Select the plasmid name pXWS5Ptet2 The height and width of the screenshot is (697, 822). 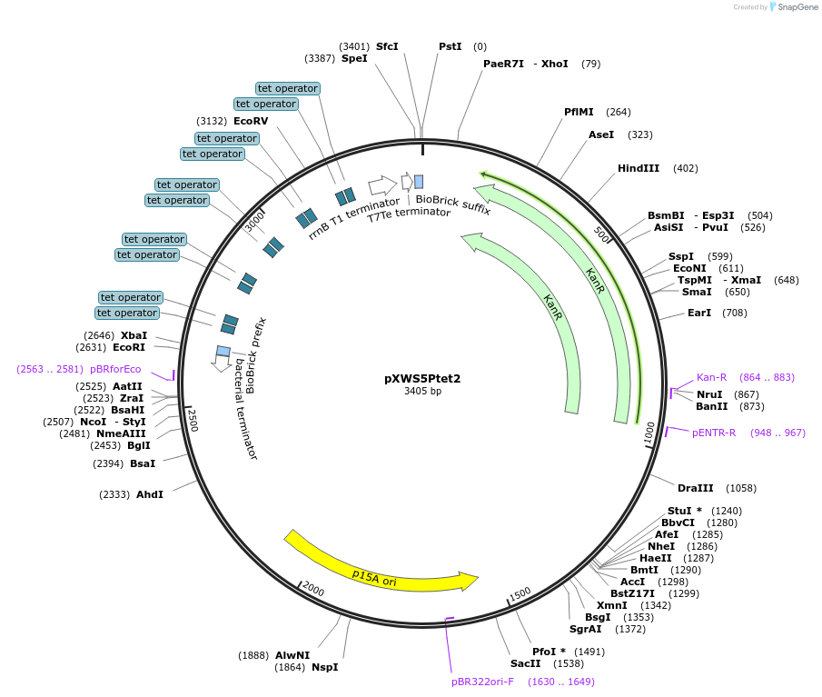click(x=422, y=378)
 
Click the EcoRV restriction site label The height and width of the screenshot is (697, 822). click(x=251, y=121)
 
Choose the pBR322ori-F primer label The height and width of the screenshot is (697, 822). click(x=482, y=681)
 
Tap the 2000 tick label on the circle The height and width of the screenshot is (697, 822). click(x=313, y=589)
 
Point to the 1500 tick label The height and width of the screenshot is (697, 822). click(x=520, y=593)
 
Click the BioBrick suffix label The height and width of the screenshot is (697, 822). click(x=452, y=204)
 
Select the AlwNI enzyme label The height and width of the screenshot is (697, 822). click(x=292, y=655)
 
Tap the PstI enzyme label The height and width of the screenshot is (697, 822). click(x=450, y=46)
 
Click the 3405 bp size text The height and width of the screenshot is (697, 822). click(x=422, y=392)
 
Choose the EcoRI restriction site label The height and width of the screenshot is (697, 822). click(x=129, y=347)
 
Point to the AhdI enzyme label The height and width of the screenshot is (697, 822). click(x=150, y=494)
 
